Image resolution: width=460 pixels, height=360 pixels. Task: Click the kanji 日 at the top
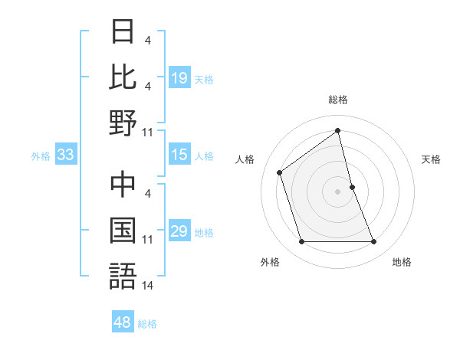coord(123,33)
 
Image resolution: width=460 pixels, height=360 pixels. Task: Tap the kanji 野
coord(123,123)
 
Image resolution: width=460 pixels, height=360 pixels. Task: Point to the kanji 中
coord(123,185)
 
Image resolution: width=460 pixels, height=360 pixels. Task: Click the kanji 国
coord(123,231)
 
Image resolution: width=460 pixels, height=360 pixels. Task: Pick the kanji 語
coord(123,276)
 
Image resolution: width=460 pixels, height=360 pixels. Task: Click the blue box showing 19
coord(179,78)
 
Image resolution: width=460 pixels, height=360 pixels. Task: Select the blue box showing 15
coord(179,155)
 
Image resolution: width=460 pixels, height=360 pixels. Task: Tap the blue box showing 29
coord(179,232)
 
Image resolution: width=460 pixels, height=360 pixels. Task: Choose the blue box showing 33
coord(65,155)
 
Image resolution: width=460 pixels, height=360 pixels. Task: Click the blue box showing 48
coord(123,322)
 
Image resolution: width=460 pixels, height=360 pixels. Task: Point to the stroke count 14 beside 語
coord(147,285)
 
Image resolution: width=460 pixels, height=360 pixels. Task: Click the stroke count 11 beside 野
coord(147,132)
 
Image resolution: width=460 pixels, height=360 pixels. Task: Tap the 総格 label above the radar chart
coord(338,100)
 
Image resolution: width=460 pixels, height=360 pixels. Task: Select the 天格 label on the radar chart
coord(432,159)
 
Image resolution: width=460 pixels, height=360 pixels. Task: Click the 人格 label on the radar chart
coord(245,159)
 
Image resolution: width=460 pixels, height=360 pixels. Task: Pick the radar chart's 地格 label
coord(402,262)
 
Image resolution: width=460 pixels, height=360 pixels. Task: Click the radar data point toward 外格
coord(301,242)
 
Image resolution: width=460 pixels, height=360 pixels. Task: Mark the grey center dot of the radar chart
coord(338,191)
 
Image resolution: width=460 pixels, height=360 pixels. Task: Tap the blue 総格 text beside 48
coord(147,324)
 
